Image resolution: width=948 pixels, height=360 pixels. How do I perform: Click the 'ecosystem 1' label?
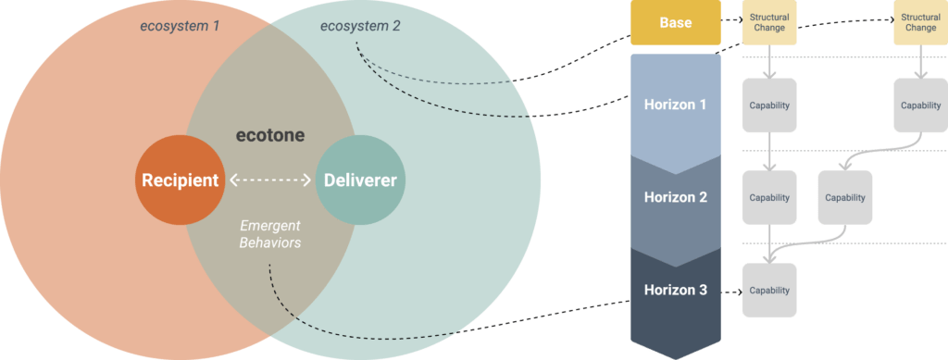(180, 26)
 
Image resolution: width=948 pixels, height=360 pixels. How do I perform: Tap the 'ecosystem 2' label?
(360, 25)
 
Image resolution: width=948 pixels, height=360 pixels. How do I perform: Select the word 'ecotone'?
(268, 135)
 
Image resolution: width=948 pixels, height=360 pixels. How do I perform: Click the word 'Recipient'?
(180, 180)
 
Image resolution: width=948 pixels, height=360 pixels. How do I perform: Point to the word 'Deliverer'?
(360, 180)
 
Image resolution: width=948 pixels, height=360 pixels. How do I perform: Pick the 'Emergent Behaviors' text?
(270, 234)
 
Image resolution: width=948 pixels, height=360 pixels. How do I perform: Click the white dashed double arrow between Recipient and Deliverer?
(270, 180)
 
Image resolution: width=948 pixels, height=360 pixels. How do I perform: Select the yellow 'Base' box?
(675, 23)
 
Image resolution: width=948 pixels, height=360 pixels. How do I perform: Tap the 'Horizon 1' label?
(675, 105)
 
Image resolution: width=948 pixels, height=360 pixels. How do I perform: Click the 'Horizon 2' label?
(675, 197)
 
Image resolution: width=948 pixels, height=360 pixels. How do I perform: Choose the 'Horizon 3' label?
(675, 290)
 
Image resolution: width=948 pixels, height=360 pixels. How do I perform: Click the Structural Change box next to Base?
(768, 23)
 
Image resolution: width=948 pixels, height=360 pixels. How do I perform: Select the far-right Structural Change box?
(919, 23)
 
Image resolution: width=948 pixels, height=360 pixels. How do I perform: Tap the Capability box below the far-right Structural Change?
(919, 105)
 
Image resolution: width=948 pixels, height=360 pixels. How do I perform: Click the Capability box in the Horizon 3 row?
(768, 290)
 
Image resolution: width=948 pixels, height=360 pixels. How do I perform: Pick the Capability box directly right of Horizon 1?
(768, 105)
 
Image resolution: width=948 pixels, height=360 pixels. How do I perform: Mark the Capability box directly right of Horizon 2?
(768, 197)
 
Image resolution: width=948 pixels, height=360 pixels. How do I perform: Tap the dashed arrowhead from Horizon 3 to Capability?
(736, 291)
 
